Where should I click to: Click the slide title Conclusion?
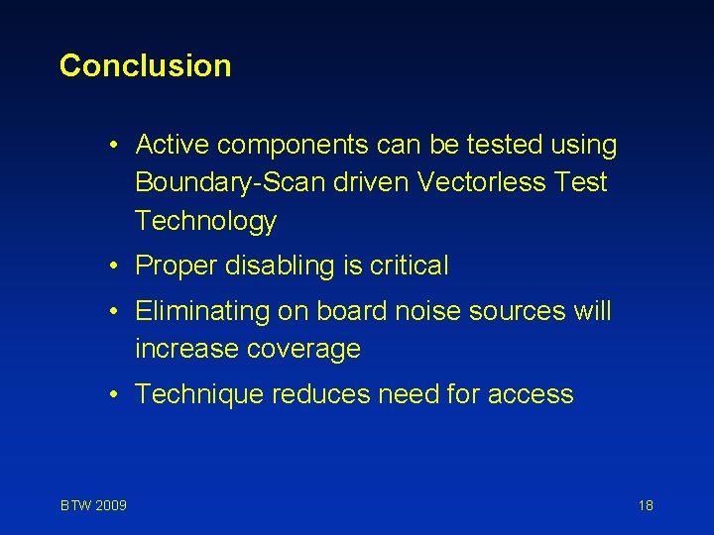tap(145, 66)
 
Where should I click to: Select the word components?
tap(294, 146)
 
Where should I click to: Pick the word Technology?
tap(205, 221)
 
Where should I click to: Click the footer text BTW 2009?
tap(93, 505)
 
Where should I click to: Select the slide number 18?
tap(646, 505)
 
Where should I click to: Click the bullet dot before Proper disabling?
tap(116, 266)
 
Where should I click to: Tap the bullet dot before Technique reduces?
tap(116, 394)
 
